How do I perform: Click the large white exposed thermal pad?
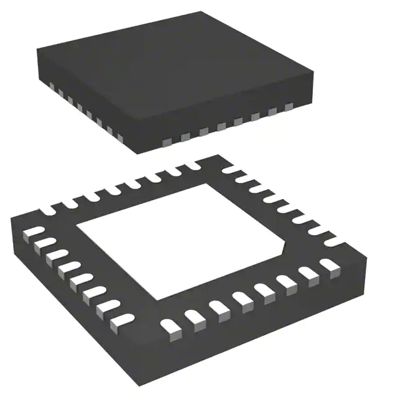(180, 239)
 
